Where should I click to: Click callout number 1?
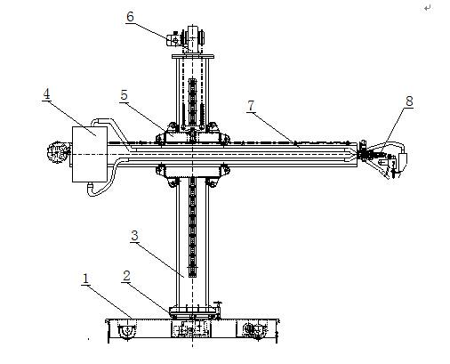tap(85, 279)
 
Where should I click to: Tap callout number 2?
tap(126, 276)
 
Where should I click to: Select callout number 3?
tap(134, 236)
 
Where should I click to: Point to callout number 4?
tap(46, 94)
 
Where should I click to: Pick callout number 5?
tap(124, 95)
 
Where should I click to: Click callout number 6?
tap(130, 17)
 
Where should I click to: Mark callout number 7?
tap(251, 106)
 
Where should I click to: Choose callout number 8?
tap(409, 101)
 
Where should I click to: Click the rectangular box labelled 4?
tap(90, 154)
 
